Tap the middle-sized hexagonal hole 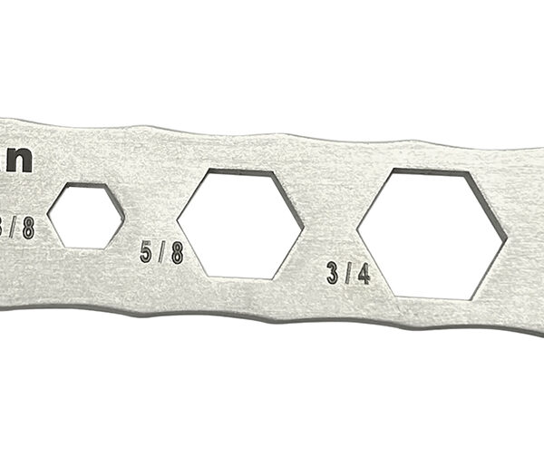pyautogui.click(x=240, y=223)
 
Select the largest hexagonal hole pyautogui.click(x=433, y=233)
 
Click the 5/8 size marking pyautogui.click(x=162, y=252)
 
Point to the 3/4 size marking pyautogui.click(x=348, y=272)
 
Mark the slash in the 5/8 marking pyautogui.click(x=162, y=252)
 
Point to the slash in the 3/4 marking pyautogui.click(x=349, y=272)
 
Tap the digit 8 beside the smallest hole pyautogui.click(x=28, y=226)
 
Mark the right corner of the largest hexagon pyautogui.click(x=506, y=238)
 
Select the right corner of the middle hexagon pyautogui.click(x=302, y=227)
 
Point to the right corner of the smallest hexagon pyautogui.click(x=124, y=215)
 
